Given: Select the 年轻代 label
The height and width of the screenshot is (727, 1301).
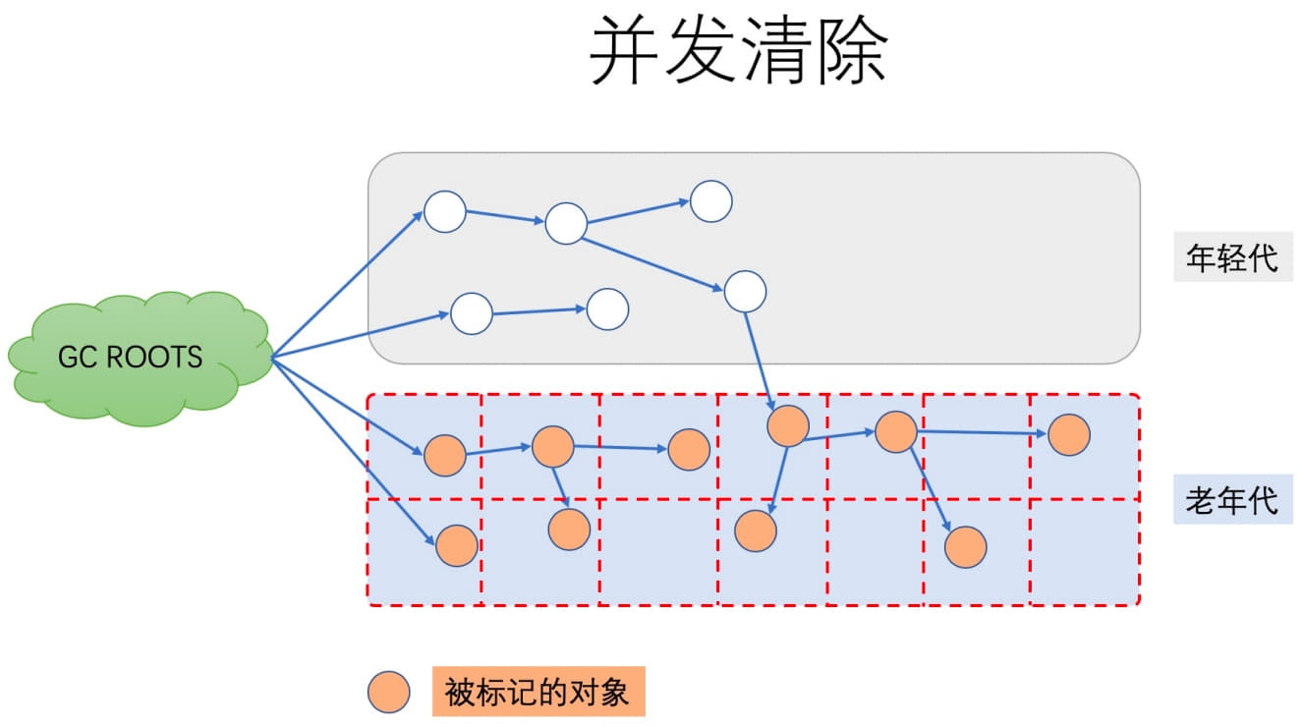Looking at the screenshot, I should coord(1232,258).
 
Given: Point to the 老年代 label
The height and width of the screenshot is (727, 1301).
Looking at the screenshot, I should coord(1232,500).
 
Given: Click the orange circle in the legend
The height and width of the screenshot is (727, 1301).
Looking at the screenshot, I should coord(388,694).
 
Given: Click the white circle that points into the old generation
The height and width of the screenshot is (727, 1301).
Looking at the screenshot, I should coord(745,291).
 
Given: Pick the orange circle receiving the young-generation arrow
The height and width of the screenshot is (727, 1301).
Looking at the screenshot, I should coord(787,425).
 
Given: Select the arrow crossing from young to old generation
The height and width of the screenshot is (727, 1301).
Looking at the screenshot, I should coord(761,360).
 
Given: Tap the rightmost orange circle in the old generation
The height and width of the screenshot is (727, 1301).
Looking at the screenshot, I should coord(1068,434).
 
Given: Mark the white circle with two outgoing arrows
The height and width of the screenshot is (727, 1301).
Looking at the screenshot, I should coord(566,223).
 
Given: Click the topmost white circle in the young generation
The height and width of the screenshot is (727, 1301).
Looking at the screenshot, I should coord(710,201).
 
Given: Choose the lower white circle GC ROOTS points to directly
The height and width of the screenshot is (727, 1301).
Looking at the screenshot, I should coord(471,313).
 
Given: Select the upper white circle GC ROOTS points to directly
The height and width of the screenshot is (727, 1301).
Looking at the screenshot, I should coord(444,211).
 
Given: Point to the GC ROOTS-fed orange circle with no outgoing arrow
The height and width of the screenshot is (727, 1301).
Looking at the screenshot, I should coord(456,545).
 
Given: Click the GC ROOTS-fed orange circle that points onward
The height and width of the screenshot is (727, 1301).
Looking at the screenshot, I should coord(444,455).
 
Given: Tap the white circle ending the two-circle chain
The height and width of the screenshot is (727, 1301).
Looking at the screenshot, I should coord(607,308).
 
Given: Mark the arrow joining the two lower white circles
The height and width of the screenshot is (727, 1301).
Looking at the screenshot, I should coord(538,311).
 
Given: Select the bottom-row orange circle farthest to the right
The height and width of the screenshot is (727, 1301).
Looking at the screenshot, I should coord(965,546).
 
